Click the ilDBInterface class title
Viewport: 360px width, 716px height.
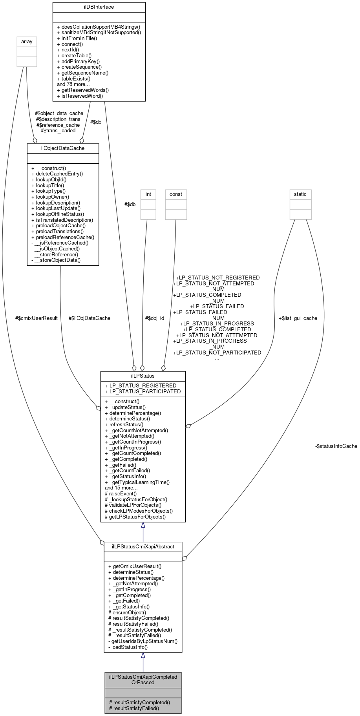tap(99, 7)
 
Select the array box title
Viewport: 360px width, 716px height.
tap(27, 42)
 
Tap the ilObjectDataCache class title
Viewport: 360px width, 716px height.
tap(63, 148)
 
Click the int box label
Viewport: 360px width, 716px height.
tap(148, 194)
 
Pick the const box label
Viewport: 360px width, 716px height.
tap(175, 194)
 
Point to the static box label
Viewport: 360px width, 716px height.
tap(300, 194)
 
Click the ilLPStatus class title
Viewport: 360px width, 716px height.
tap(143, 376)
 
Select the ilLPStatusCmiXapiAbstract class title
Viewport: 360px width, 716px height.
tap(143, 546)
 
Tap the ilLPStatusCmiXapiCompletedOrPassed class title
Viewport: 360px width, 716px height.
tap(143, 679)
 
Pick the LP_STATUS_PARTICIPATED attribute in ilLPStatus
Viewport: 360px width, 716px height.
tap(143, 391)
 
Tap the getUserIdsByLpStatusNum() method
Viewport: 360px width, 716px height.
tap(143, 641)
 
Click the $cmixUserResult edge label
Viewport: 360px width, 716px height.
tap(37, 318)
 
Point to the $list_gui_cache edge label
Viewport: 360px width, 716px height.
tap(298, 318)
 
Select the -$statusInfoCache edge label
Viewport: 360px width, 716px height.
tap(336, 446)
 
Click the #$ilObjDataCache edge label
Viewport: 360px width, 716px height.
tap(90, 318)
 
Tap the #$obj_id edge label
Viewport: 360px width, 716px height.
tap(155, 318)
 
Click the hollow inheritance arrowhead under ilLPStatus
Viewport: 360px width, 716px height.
tap(143, 525)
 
